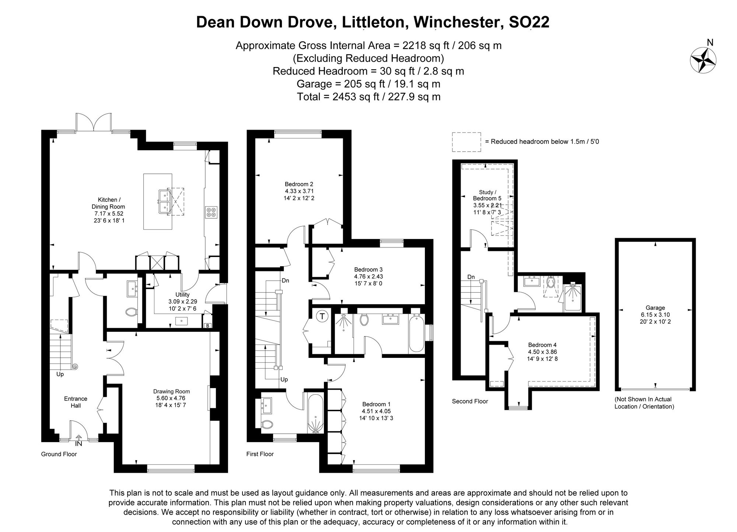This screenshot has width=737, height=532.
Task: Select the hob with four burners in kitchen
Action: tap(211, 212)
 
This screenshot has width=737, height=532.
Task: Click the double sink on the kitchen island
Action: tap(164, 202)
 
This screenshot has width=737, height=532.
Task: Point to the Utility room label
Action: tap(182, 295)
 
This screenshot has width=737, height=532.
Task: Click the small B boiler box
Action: tap(208, 325)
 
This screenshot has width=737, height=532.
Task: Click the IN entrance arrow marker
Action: tap(78, 441)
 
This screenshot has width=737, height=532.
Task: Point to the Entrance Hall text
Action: tap(76, 402)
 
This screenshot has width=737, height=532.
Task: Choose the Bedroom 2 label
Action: tap(299, 184)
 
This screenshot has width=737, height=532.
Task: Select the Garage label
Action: tap(655, 308)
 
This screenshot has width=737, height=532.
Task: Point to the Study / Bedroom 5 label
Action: tap(487, 195)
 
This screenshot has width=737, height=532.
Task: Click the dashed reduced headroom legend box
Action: tap(467, 142)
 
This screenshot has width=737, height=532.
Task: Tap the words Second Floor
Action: tap(470, 401)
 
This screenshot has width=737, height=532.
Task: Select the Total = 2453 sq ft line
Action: tap(368, 97)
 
